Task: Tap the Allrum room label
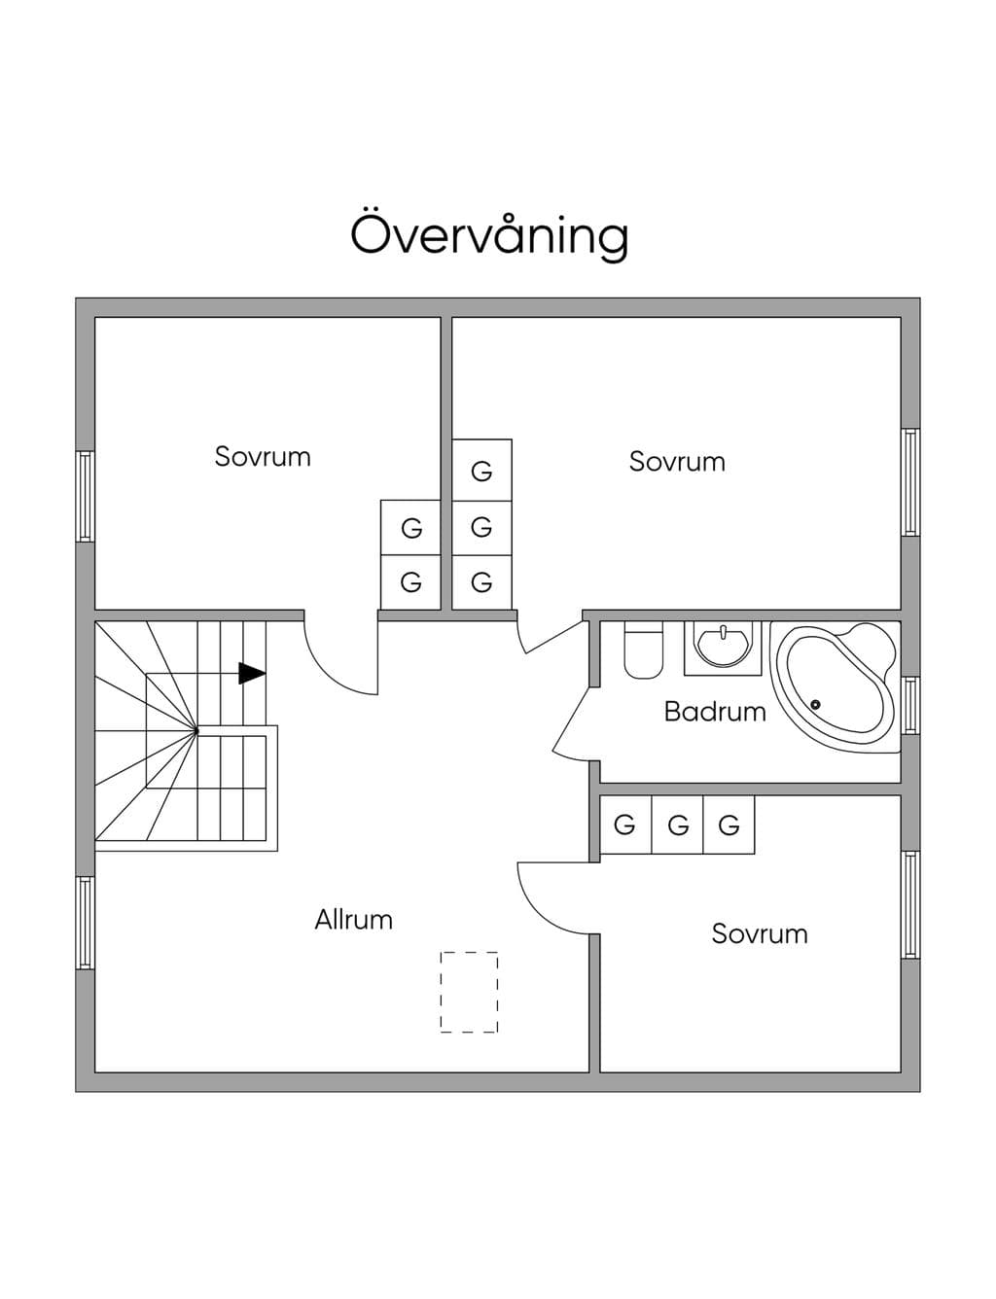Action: point(354,920)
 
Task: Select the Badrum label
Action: point(715,712)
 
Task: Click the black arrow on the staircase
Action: point(252,673)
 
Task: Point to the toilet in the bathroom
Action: point(643,650)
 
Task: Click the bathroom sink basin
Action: point(723,646)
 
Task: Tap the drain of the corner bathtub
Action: point(815,704)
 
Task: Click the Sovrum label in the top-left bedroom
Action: point(263,457)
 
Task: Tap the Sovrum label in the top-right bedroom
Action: point(677,462)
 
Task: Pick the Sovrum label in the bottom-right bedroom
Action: point(760,933)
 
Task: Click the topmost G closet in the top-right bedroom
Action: point(481,471)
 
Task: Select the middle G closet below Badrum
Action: point(678,825)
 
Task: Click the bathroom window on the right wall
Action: point(909,706)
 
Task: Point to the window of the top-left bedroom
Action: point(86,497)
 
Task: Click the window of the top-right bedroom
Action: point(909,482)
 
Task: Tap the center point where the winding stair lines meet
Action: point(196,730)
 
